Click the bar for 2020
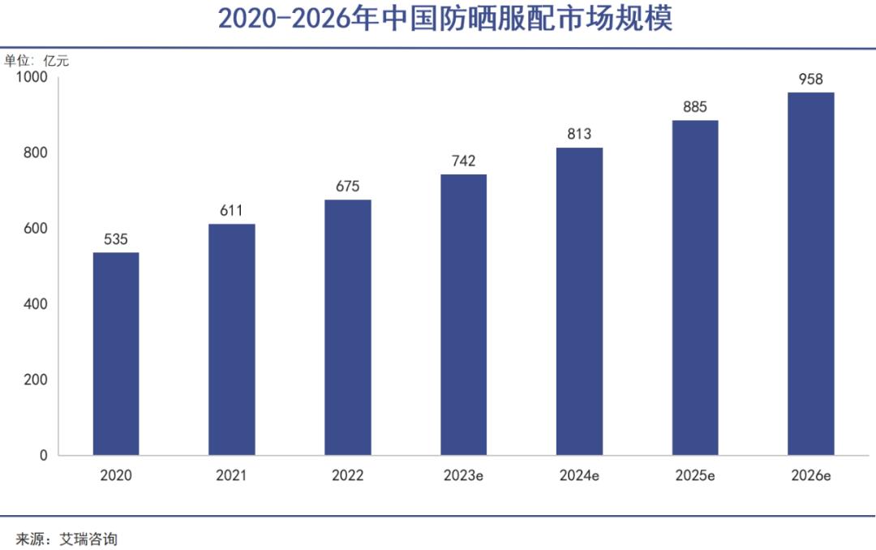tap(116, 354)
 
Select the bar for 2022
tap(348, 327)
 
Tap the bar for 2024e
tap(579, 301)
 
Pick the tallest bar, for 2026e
tap(811, 273)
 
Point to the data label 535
tap(116, 240)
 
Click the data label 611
tap(232, 211)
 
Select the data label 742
tap(463, 161)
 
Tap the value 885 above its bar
tap(695, 107)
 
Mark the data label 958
tap(811, 79)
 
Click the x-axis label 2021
tap(232, 476)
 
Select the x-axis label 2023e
tap(463, 476)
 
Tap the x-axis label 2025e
tap(695, 476)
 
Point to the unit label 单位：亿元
tap(32, 60)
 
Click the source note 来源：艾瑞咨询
tap(67, 538)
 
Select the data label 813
tap(579, 135)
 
